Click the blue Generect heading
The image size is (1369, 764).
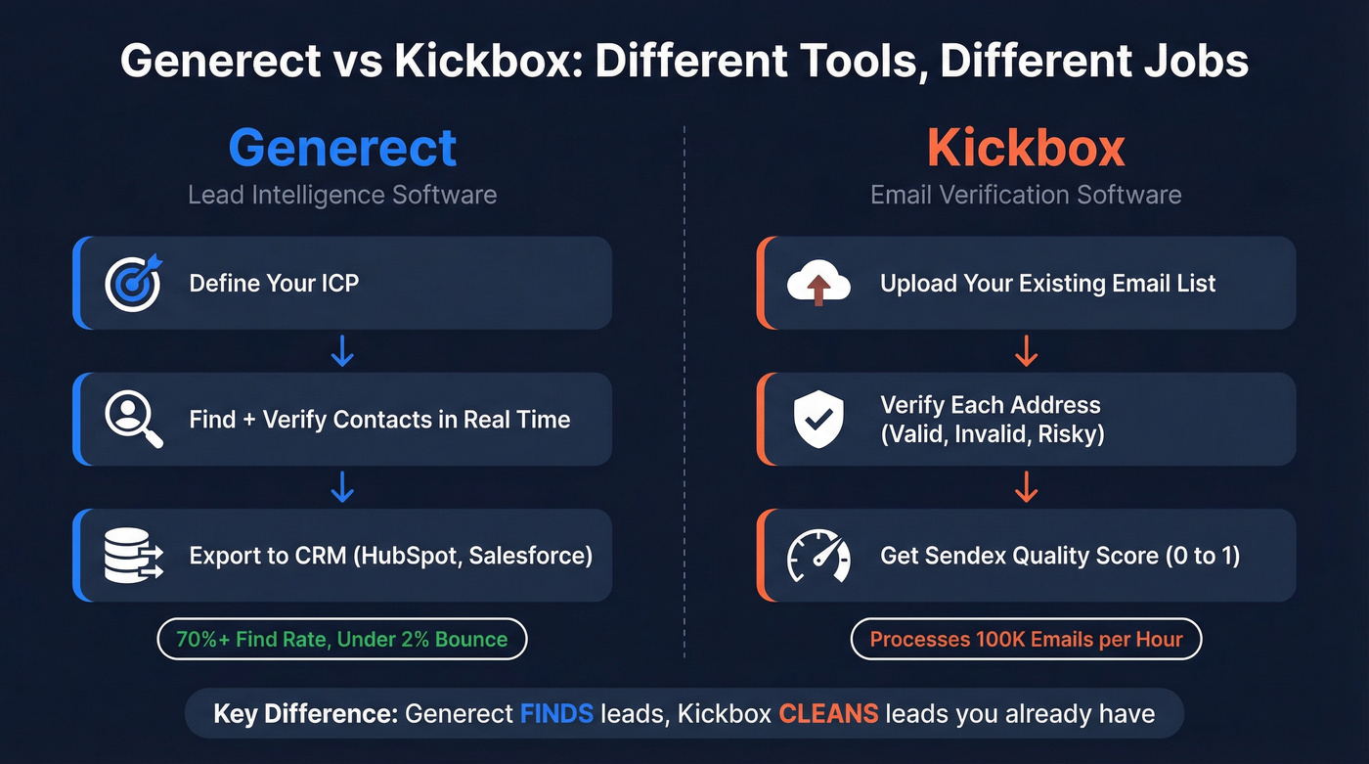pyautogui.click(x=342, y=148)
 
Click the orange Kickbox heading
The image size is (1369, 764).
pyautogui.click(x=1026, y=148)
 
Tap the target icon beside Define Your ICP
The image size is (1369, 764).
pyautogui.click(x=134, y=283)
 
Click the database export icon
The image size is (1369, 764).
pyautogui.click(x=134, y=556)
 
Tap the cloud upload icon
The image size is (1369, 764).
pyautogui.click(x=818, y=284)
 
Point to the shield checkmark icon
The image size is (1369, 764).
pyautogui.click(x=818, y=420)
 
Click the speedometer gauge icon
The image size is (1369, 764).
pyautogui.click(x=818, y=556)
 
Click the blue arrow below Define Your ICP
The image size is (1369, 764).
pyautogui.click(x=342, y=351)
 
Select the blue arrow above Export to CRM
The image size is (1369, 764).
pyautogui.click(x=342, y=487)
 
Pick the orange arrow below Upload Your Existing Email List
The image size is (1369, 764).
pyautogui.click(x=1026, y=351)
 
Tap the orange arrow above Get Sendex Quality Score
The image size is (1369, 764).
pyautogui.click(x=1026, y=487)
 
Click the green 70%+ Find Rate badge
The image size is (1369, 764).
pyautogui.click(x=342, y=640)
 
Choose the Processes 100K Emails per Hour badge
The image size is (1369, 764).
pyautogui.click(x=1026, y=640)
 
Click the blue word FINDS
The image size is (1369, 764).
pyautogui.click(x=556, y=713)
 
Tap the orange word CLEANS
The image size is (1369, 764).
pyautogui.click(x=828, y=713)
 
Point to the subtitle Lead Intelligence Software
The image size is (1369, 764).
pyautogui.click(x=342, y=195)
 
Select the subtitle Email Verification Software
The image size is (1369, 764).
pyautogui.click(x=1026, y=195)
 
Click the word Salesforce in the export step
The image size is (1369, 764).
pyautogui.click(x=528, y=556)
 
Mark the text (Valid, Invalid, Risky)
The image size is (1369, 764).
pyautogui.click(x=993, y=433)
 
